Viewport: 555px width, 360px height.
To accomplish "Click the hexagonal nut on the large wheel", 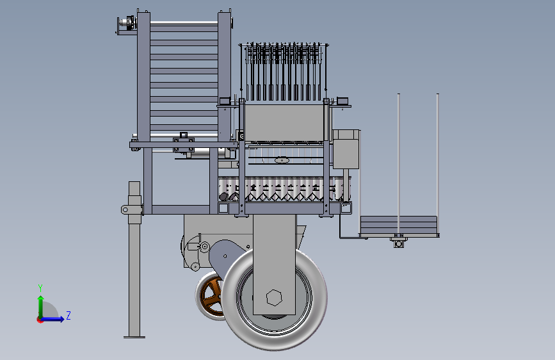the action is (274, 298).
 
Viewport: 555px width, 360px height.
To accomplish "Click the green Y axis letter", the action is (40, 288).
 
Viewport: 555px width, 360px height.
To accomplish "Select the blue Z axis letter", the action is (68, 315).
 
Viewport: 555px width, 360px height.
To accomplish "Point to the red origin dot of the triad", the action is (40, 320).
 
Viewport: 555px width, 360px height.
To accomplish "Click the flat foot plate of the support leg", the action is (134, 337).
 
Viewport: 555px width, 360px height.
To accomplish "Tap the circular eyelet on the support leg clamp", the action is (125, 209).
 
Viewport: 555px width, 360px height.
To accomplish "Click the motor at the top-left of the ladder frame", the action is (127, 23).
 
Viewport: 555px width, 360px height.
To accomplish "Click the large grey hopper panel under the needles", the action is (285, 122).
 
